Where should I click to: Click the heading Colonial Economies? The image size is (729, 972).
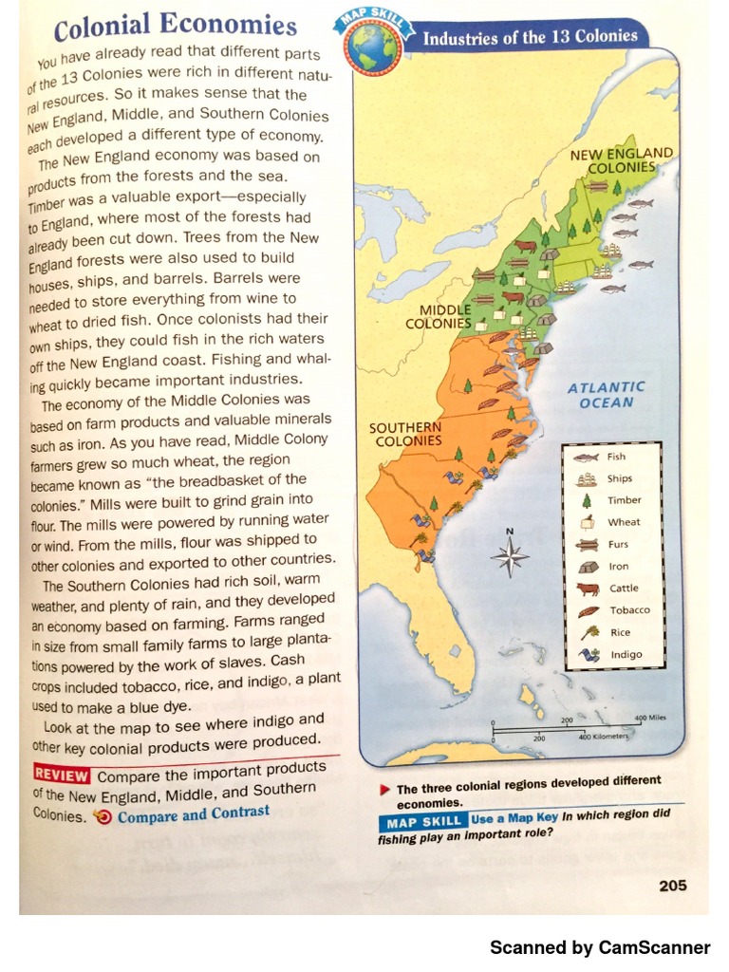(x=175, y=27)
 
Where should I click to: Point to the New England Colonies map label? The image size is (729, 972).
(x=622, y=159)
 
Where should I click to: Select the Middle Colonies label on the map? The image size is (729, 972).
(x=439, y=317)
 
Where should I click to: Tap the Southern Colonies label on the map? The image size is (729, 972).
(x=406, y=434)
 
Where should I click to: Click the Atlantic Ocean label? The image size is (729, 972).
(x=606, y=395)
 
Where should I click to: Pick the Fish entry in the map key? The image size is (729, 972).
(x=616, y=457)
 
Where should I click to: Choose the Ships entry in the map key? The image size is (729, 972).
(x=619, y=478)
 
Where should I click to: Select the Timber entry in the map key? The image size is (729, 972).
(x=624, y=500)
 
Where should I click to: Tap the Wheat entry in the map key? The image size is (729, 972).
(x=624, y=522)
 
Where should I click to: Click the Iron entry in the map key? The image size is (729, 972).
(x=618, y=567)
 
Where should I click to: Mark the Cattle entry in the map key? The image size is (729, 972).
(x=623, y=589)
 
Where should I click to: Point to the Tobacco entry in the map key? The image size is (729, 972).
(x=628, y=610)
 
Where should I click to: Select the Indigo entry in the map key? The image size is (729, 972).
(x=626, y=654)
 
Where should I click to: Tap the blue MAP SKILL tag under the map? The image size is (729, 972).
(x=423, y=821)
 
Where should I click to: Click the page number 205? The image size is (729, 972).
(x=672, y=886)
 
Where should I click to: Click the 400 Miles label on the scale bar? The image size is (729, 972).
(x=649, y=719)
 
